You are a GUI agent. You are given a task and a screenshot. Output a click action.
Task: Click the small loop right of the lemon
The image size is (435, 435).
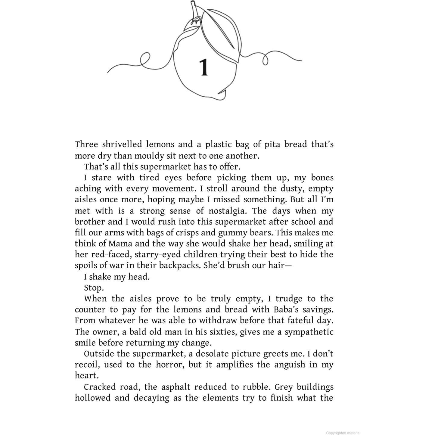(x=266, y=59)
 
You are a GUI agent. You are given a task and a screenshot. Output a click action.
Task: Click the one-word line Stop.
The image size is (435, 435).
(x=94, y=288)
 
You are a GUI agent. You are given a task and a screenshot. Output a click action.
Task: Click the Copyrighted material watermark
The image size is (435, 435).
(x=343, y=433)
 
